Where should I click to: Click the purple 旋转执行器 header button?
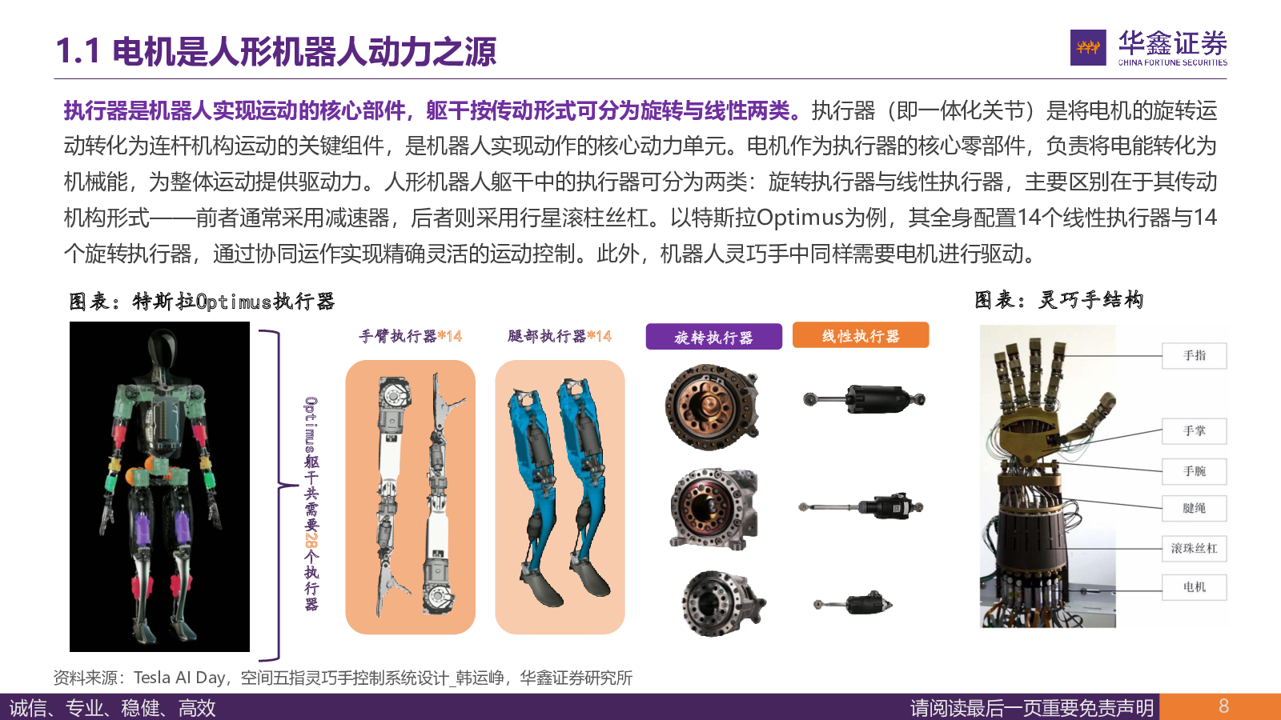(x=713, y=337)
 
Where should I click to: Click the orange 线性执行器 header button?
(x=860, y=335)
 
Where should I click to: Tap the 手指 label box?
(x=1194, y=355)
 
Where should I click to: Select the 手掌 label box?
(x=1194, y=431)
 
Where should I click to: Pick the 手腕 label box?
(x=1194, y=471)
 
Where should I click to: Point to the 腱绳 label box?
(x=1194, y=508)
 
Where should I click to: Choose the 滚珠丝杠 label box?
(x=1194, y=549)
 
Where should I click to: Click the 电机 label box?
(x=1194, y=587)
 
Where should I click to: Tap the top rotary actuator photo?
(x=713, y=406)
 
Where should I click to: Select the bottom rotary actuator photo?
(x=723, y=603)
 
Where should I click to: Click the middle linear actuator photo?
(x=861, y=506)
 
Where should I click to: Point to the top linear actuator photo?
(x=864, y=399)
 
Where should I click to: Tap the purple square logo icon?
(x=1088, y=47)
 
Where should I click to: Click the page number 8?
(x=1224, y=706)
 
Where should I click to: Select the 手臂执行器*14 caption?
(x=410, y=336)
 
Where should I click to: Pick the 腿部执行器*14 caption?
(x=560, y=336)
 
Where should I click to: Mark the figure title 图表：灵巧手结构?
(x=1059, y=300)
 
